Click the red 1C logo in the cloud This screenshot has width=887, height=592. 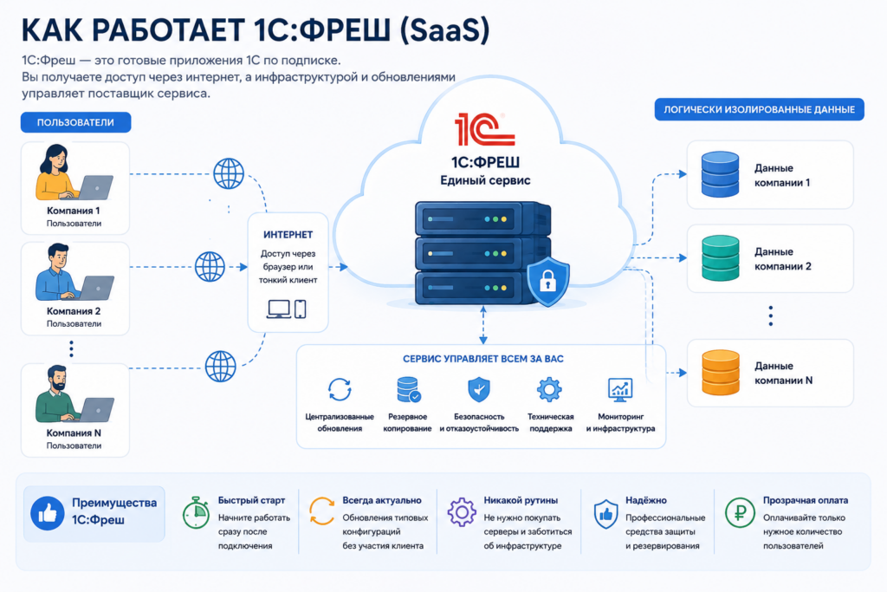(484, 128)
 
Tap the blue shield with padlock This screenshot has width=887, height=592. (547, 281)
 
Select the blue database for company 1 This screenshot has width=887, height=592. (720, 174)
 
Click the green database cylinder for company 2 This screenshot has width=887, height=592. (720, 258)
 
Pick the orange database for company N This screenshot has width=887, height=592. (720, 373)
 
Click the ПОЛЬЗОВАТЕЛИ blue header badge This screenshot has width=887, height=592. (76, 122)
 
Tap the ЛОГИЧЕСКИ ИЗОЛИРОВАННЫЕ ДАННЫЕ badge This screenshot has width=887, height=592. (759, 109)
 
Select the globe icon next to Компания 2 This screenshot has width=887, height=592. (210, 267)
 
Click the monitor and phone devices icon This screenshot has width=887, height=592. (287, 309)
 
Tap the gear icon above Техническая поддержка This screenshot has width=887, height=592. (549, 389)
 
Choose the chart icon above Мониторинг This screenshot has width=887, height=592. (620, 389)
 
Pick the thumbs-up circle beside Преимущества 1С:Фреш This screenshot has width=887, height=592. (48, 513)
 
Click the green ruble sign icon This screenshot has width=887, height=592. (740, 513)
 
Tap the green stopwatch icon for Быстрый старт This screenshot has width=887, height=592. (197, 513)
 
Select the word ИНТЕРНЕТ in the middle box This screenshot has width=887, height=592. (288, 234)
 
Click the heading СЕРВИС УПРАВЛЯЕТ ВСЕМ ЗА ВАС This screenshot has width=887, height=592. (483, 359)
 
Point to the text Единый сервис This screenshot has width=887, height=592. (485, 180)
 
